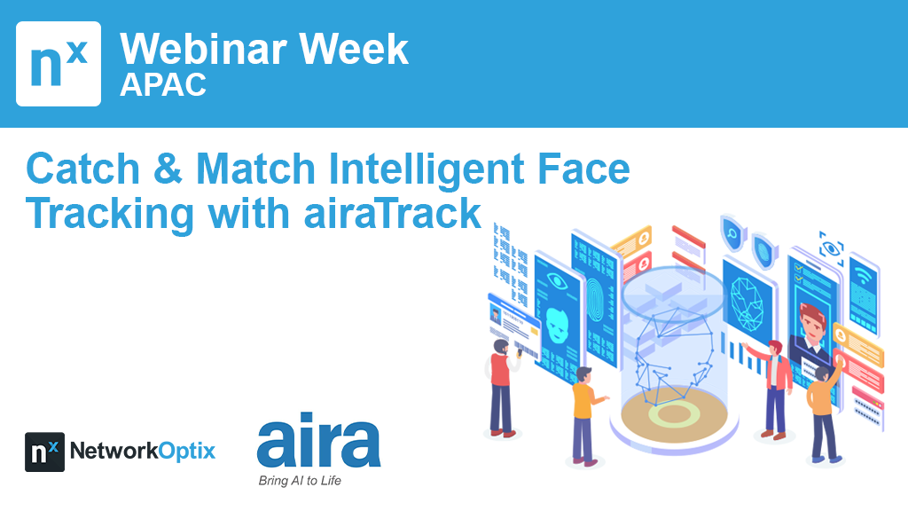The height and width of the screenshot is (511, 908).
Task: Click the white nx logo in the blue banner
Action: (x=59, y=64)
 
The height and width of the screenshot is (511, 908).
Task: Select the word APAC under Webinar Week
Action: (x=163, y=85)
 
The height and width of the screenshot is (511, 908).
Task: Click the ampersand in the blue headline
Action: (x=168, y=169)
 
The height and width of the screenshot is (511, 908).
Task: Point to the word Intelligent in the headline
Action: (x=426, y=169)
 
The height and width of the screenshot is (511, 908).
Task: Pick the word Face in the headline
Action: (x=583, y=169)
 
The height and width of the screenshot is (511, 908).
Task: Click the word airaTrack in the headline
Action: (x=393, y=213)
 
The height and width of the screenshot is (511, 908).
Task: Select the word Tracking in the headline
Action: (x=109, y=215)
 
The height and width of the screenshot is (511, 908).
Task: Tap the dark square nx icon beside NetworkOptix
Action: (x=44, y=452)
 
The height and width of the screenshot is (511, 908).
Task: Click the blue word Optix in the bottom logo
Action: (x=186, y=452)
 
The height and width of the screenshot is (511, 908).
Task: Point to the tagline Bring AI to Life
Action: (x=300, y=480)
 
